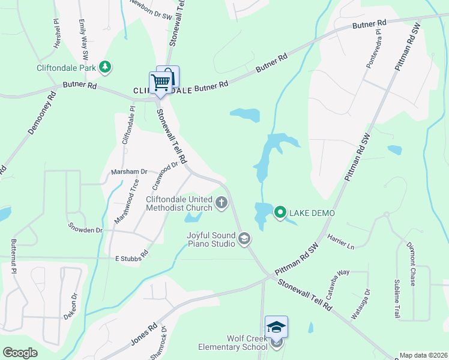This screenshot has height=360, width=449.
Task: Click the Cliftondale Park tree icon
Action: pos(106,66)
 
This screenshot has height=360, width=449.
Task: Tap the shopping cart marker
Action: pos(160,82)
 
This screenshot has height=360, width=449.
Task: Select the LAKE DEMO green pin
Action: pos(280,212)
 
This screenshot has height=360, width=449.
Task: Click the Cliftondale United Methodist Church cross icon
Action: pos(221,202)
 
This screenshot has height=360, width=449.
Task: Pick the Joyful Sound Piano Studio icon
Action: pos(244,239)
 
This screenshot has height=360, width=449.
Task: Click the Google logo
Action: pos(20,353)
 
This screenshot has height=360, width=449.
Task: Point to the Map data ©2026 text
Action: pos(423,355)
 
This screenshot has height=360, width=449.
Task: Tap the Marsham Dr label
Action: pos(129,172)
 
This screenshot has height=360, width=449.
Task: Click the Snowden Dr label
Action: pos(85,230)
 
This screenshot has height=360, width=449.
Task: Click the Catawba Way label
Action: pos(338,281)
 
